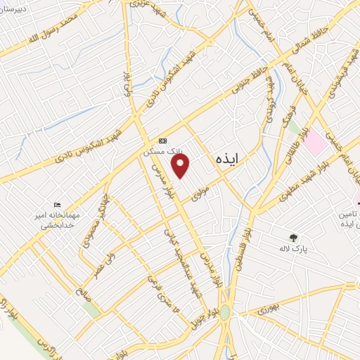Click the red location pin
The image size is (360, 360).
181,166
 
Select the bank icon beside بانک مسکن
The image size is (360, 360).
163,141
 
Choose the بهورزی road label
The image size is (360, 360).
267,309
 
